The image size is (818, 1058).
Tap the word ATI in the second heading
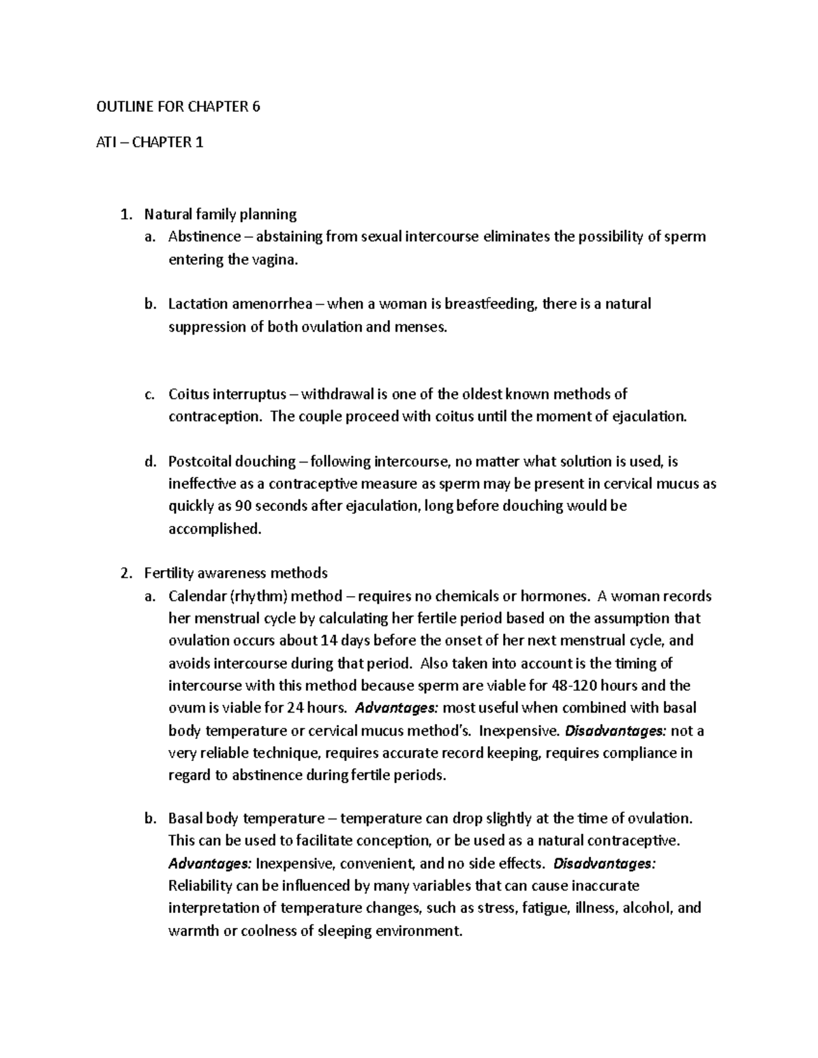(104, 142)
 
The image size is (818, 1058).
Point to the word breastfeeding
(491, 304)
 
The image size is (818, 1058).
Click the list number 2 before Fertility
(123, 573)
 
